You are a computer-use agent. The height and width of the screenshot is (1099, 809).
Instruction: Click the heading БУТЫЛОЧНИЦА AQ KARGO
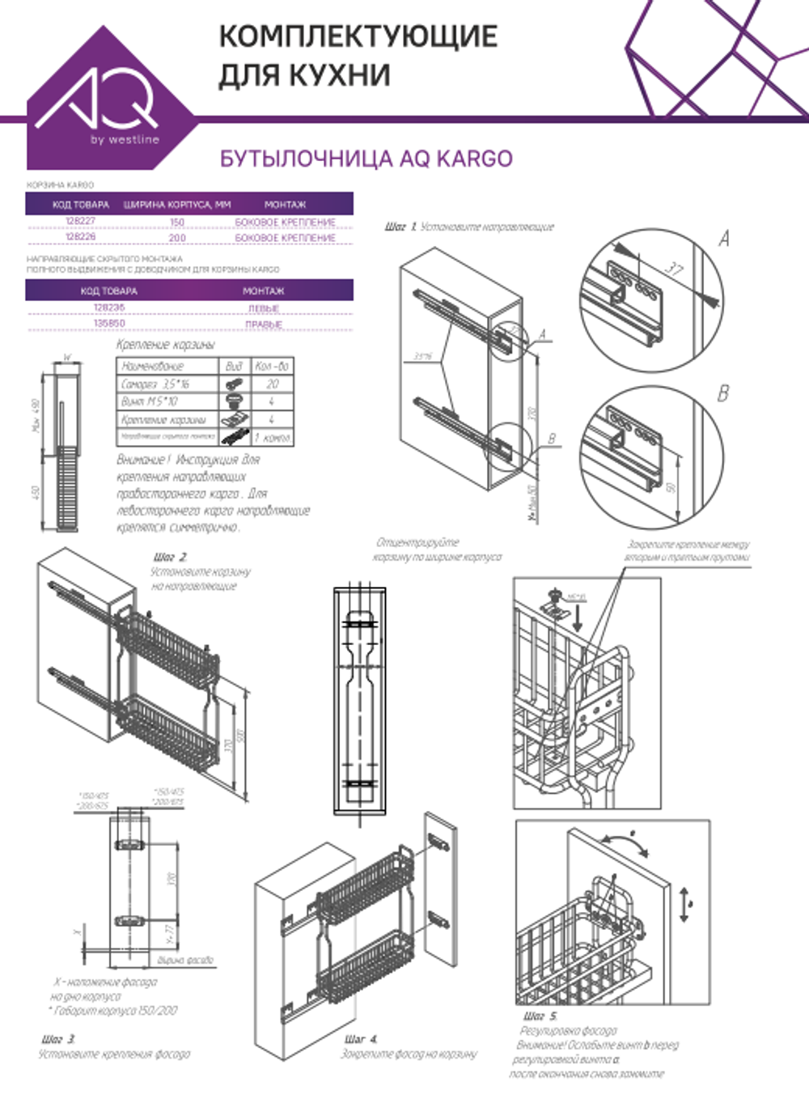tap(366, 159)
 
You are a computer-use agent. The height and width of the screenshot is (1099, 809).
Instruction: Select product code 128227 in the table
tap(80, 221)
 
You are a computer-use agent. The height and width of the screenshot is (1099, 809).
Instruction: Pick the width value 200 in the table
tap(177, 238)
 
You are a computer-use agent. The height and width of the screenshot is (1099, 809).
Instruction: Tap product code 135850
tap(109, 323)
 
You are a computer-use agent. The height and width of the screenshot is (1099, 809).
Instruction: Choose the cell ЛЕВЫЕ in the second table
tap(264, 308)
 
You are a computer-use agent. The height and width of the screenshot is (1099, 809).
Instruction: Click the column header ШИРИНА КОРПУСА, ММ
tap(177, 205)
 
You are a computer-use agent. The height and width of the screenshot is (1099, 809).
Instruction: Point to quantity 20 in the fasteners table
tap(272, 384)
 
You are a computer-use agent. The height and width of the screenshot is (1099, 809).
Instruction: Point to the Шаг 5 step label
tap(540, 1016)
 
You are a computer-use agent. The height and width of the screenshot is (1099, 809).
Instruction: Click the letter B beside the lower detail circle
tap(722, 393)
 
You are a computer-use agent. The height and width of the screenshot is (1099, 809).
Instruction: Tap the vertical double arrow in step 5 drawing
tap(684, 904)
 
